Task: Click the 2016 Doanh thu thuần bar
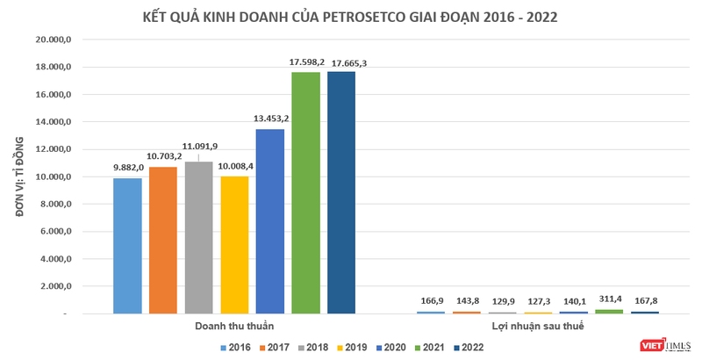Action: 127,246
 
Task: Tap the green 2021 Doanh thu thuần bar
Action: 306,193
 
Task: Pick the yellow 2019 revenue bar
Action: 234,245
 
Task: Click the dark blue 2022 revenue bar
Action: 341,192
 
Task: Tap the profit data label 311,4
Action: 609,299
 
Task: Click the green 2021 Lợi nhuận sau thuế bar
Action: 609,311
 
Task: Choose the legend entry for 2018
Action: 317,348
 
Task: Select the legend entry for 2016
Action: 233,348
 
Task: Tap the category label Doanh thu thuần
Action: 234,327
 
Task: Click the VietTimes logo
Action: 664,344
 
